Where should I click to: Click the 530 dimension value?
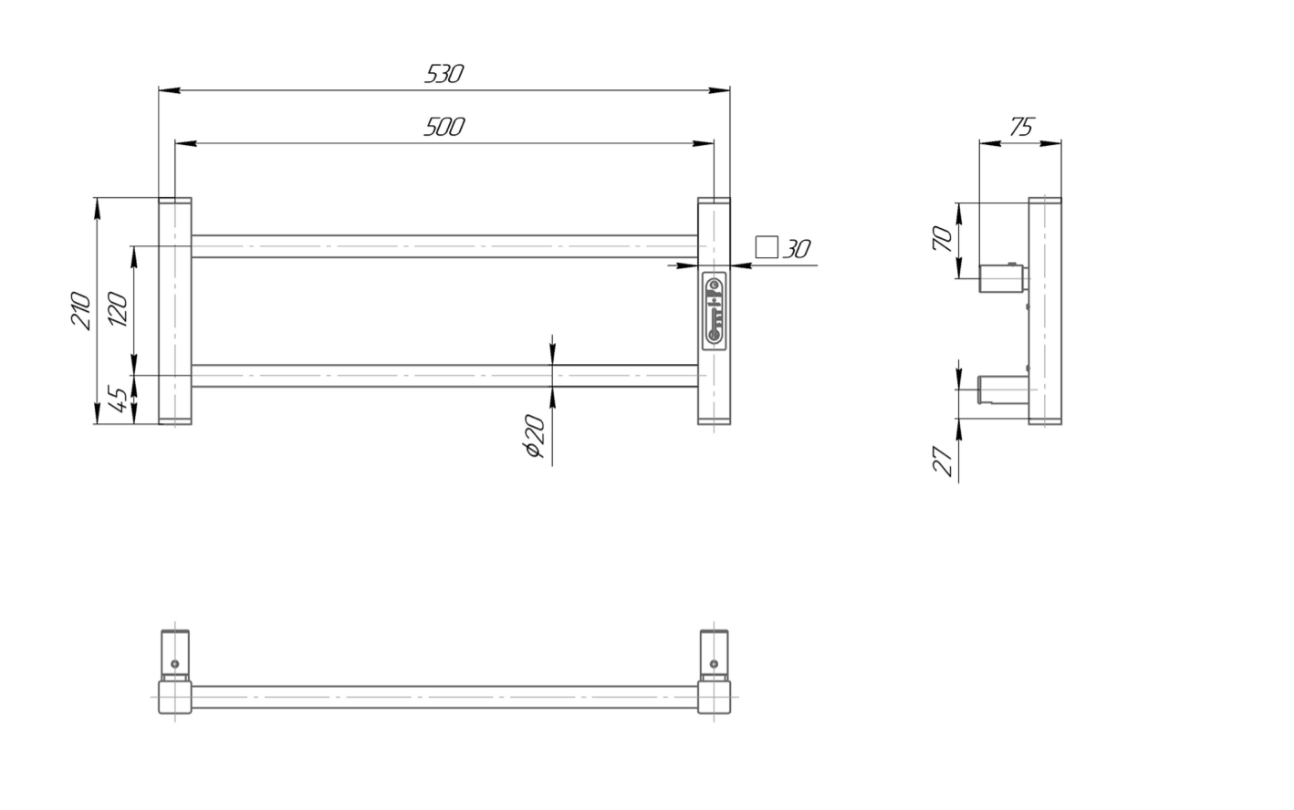pyautogui.click(x=444, y=74)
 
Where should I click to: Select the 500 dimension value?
pyautogui.click(x=444, y=127)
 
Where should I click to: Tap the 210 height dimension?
pyautogui.click(x=81, y=310)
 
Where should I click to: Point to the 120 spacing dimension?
pyautogui.click(x=118, y=310)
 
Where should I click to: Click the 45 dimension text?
pyautogui.click(x=118, y=400)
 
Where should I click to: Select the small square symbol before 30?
pyautogui.click(x=767, y=246)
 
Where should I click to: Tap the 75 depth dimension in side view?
pyautogui.click(x=1022, y=127)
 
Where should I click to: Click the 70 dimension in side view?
pyautogui.click(x=944, y=239)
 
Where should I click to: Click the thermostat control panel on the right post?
pyautogui.click(x=715, y=310)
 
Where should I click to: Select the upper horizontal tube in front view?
pyautogui.click(x=444, y=246)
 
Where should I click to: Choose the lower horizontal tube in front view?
pyautogui.click(x=444, y=375)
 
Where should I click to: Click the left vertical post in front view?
pyautogui.click(x=174, y=310)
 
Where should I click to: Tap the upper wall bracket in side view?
pyautogui.click(x=1001, y=276)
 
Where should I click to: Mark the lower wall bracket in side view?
pyautogui.click(x=1001, y=389)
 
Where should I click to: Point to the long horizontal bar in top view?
pyautogui.click(x=444, y=698)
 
